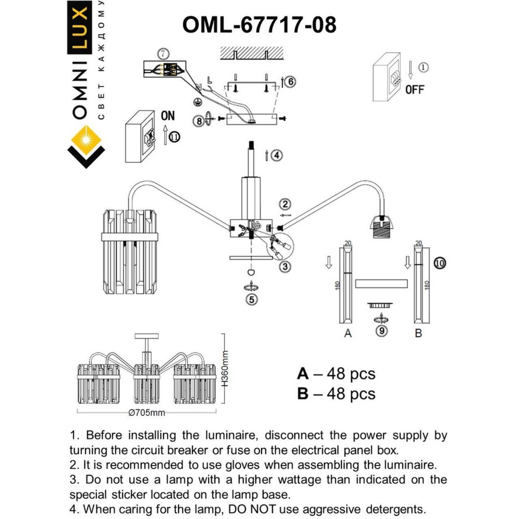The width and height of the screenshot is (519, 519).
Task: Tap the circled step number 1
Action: [x=424, y=67]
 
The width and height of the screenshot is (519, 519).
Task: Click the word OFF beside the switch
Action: [x=415, y=89]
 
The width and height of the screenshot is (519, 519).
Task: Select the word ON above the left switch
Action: [x=168, y=115]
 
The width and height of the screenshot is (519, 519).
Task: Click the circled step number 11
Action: [x=175, y=137]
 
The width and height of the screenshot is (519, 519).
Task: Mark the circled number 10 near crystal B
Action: [x=440, y=263]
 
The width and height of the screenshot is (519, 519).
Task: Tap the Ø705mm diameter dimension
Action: [x=147, y=413]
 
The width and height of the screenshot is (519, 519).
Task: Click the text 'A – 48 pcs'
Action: [x=336, y=374]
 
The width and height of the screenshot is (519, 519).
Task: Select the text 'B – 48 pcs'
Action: [x=336, y=394]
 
